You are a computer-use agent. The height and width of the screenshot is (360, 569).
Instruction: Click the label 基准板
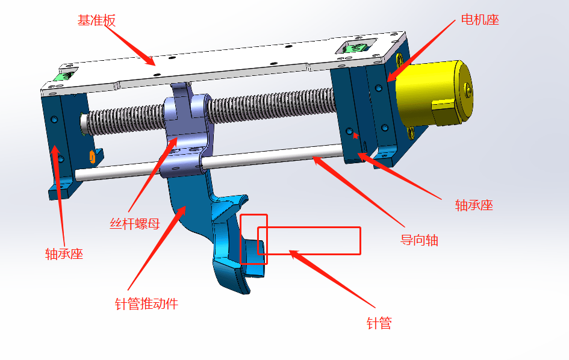point(96,20)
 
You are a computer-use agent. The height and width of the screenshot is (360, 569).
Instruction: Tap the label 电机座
point(480,20)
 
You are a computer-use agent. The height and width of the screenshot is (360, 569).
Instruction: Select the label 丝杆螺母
point(135,223)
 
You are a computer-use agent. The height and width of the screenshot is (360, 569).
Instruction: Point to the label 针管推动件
point(146,304)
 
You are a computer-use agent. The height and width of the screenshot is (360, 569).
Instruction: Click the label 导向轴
point(419,240)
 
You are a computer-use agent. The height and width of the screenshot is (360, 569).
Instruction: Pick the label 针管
point(379,323)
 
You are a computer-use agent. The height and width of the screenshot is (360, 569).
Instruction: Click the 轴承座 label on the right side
point(474,205)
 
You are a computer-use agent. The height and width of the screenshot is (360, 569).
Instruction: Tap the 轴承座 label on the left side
point(64,253)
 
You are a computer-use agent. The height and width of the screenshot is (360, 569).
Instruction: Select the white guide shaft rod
point(209,162)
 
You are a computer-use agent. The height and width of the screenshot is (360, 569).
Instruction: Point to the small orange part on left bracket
point(92,157)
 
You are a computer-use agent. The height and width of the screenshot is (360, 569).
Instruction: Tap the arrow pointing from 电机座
point(421,51)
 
